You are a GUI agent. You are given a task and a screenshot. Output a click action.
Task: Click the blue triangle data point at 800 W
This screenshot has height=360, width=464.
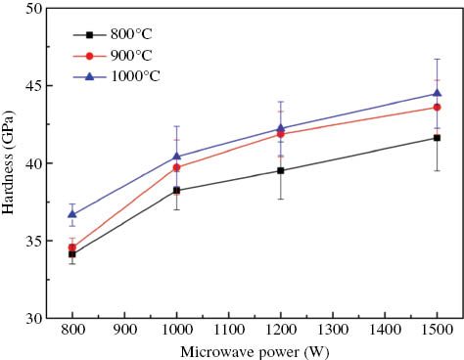point(72,214)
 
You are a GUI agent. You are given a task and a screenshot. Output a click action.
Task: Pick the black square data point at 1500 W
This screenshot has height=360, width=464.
point(437,138)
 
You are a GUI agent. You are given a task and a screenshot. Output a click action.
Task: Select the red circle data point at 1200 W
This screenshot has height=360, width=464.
point(281,134)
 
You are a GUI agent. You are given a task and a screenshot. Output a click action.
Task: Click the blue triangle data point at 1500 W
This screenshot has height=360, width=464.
point(437,94)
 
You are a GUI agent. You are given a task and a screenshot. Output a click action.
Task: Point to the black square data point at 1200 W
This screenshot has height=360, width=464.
point(281,170)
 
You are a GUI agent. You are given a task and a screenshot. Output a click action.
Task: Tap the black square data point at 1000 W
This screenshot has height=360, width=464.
point(177,190)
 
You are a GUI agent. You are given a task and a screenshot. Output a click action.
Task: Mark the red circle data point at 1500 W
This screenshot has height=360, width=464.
point(437,107)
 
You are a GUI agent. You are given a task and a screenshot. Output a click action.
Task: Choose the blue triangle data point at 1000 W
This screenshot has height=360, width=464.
point(177,156)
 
